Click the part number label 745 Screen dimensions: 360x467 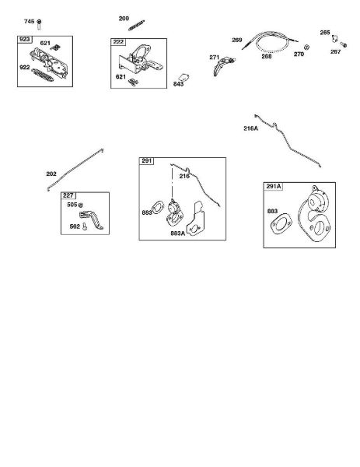tap(29, 22)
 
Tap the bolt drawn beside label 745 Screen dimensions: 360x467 tap(39, 24)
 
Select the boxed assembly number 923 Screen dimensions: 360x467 tap(25, 40)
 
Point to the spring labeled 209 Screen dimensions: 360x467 tap(137, 26)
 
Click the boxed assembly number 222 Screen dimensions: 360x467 tap(118, 42)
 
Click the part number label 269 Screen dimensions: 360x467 tap(237, 40)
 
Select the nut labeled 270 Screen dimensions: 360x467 tap(307, 47)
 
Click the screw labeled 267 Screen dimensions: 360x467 tap(344, 45)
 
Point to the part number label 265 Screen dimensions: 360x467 tap(325, 33)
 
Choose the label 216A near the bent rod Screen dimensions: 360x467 tap(251, 128)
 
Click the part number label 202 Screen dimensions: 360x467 tap(51, 174)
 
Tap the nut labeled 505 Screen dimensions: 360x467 tap(81, 205)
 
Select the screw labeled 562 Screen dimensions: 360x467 tap(85, 226)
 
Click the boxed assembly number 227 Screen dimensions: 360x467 tap(68, 195)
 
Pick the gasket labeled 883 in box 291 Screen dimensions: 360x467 tap(158, 208)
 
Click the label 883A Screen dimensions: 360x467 tap(177, 233)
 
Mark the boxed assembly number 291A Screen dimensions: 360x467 tap(274, 187)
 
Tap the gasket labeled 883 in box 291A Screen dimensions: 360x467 tap(281, 224)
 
